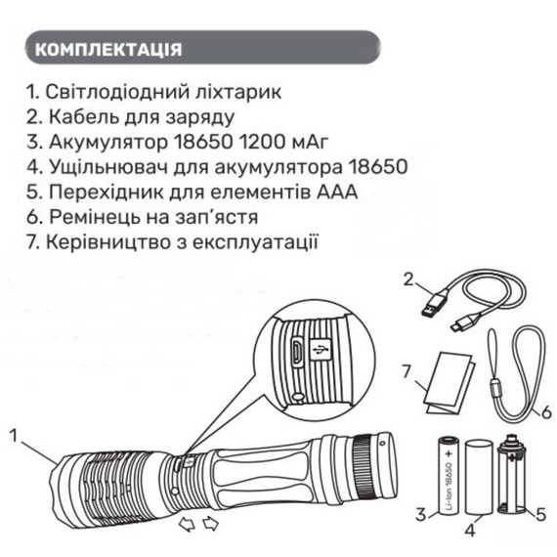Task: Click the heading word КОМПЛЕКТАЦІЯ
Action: click(x=108, y=50)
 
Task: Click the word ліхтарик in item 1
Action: click(x=238, y=92)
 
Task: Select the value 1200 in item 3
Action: click(x=262, y=142)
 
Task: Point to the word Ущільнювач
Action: click(x=108, y=167)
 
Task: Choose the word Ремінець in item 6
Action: click(x=94, y=217)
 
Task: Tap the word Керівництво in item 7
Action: click(x=110, y=242)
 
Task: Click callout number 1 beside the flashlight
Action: click(x=14, y=436)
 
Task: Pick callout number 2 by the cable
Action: click(x=408, y=279)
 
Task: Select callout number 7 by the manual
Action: click(x=407, y=371)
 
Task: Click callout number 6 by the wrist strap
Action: click(x=546, y=411)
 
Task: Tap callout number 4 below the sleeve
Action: click(x=470, y=531)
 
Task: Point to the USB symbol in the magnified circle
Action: click(x=320, y=350)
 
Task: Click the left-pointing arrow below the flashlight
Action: click(x=187, y=525)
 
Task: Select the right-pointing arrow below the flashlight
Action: click(x=211, y=525)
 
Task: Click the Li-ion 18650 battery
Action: click(x=448, y=476)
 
